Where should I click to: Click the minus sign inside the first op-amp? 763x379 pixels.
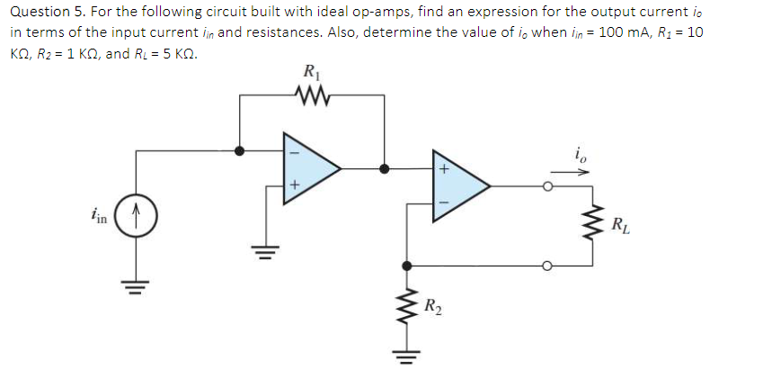[293, 151]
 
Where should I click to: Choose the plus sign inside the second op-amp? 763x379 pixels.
[442, 168]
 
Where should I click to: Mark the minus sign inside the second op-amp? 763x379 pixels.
[442, 203]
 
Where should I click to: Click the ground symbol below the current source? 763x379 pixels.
[138, 288]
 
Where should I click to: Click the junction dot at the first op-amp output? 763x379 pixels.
[385, 168]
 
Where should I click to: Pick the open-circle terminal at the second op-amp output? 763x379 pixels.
[547, 186]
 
